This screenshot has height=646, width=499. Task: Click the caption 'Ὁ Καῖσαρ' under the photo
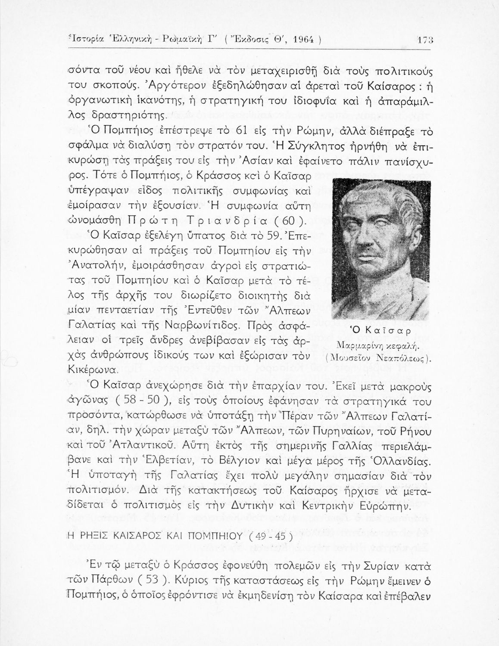tap(379, 330)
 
